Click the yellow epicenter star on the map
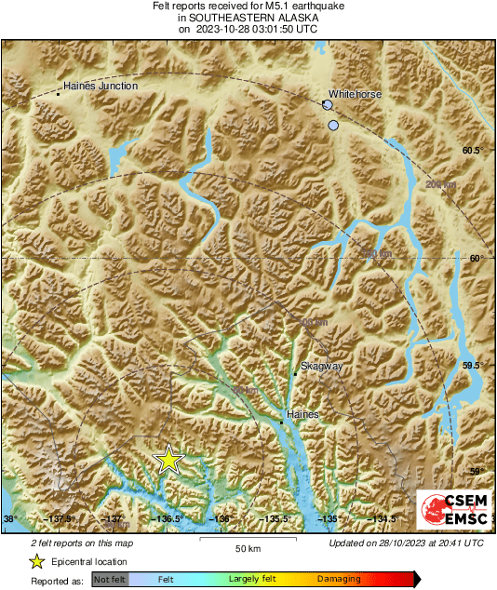[168, 459]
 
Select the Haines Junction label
[100, 86]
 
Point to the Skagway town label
[322, 367]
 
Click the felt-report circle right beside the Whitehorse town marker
[327, 106]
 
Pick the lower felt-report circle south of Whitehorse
[333, 125]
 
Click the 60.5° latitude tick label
[473, 150]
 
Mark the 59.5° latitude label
[473, 366]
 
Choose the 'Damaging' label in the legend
[340, 578]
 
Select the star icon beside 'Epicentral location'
[36, 561]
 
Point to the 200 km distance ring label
[440, 185]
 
